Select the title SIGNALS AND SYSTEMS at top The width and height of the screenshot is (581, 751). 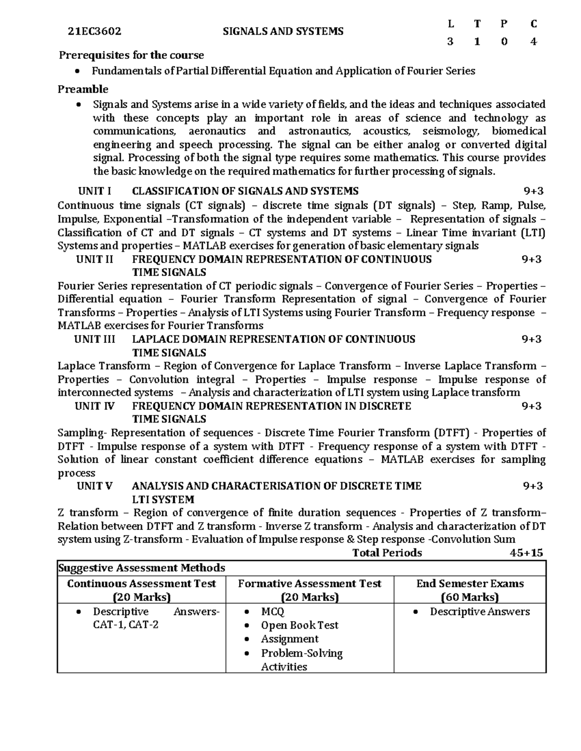click(x=283, y=32)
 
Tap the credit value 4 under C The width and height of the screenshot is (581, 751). click(x=533, y=42)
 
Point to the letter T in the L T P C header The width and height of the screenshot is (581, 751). click(x=477, y=24)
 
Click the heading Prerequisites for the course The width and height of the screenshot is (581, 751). click(x=131, y=55)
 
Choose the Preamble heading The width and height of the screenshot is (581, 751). click(x=83, y=89)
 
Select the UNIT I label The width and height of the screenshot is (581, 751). click(x=94, y=191)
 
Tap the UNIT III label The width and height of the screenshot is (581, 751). click(x=94, y=339)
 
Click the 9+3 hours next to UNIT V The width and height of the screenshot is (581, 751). click(x=533, y=486)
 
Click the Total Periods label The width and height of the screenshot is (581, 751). click(x=387, y=553)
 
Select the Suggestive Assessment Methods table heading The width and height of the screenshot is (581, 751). click(x=141, y=568)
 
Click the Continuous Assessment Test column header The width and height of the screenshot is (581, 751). click(x=141, y=584)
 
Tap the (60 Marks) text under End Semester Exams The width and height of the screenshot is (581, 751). click(x=470, y=597)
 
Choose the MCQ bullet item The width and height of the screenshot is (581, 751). click(x=273, y=612)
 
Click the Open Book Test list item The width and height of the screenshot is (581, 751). click(x=299, y=625)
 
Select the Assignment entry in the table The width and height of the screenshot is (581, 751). click(x=290, y=639)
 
